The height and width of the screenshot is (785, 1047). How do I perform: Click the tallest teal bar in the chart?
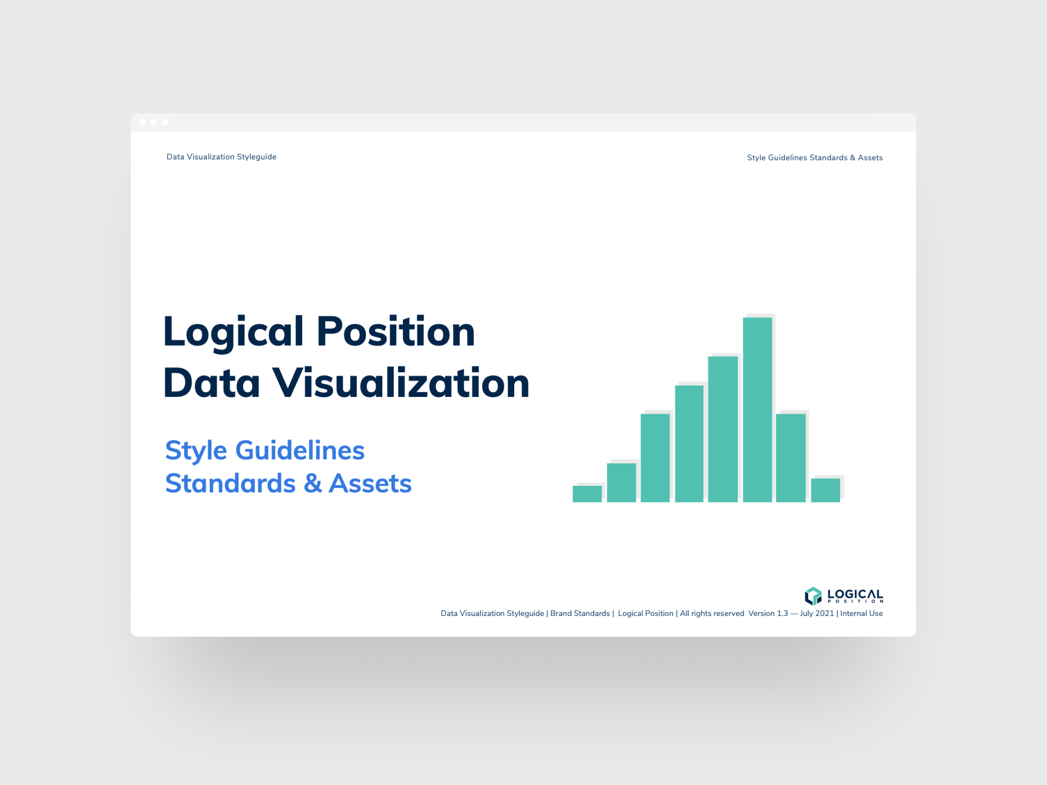tap(757, 409)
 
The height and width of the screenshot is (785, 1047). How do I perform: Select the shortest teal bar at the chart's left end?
tap(587, 493)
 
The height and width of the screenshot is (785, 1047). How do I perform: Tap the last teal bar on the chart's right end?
tap(825, 490)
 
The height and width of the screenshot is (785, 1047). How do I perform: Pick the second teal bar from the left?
tap(621, 482)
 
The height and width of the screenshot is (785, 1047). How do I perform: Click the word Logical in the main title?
tap(233, 332)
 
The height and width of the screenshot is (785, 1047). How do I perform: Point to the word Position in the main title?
tap(396, 332)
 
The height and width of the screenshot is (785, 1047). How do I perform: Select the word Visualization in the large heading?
tap(401, 383)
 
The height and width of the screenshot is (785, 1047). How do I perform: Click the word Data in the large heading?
tap(212, 383)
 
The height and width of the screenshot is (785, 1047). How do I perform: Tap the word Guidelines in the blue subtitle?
tap(300, 451)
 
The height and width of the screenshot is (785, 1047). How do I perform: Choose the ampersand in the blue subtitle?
tap(313, 484)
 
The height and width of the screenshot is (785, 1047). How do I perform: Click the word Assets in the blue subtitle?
tap(370, 484)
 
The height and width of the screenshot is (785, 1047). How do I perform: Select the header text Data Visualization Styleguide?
tap(221, 157)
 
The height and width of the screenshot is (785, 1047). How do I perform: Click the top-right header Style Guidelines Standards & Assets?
tap(815, 158)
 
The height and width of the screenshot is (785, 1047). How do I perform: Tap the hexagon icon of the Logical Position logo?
tap(813, 596)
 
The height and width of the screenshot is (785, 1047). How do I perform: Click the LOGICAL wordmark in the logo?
tap(855, 594)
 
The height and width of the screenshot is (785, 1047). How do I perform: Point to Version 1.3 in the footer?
tap(768, 613)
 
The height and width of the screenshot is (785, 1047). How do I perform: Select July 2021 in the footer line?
tap(817, 613)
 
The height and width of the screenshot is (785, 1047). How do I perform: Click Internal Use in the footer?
tap(862, 613)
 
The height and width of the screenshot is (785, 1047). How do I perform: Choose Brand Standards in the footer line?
tap(580, 613)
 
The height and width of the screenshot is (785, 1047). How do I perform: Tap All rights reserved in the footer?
tap(712, 613)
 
